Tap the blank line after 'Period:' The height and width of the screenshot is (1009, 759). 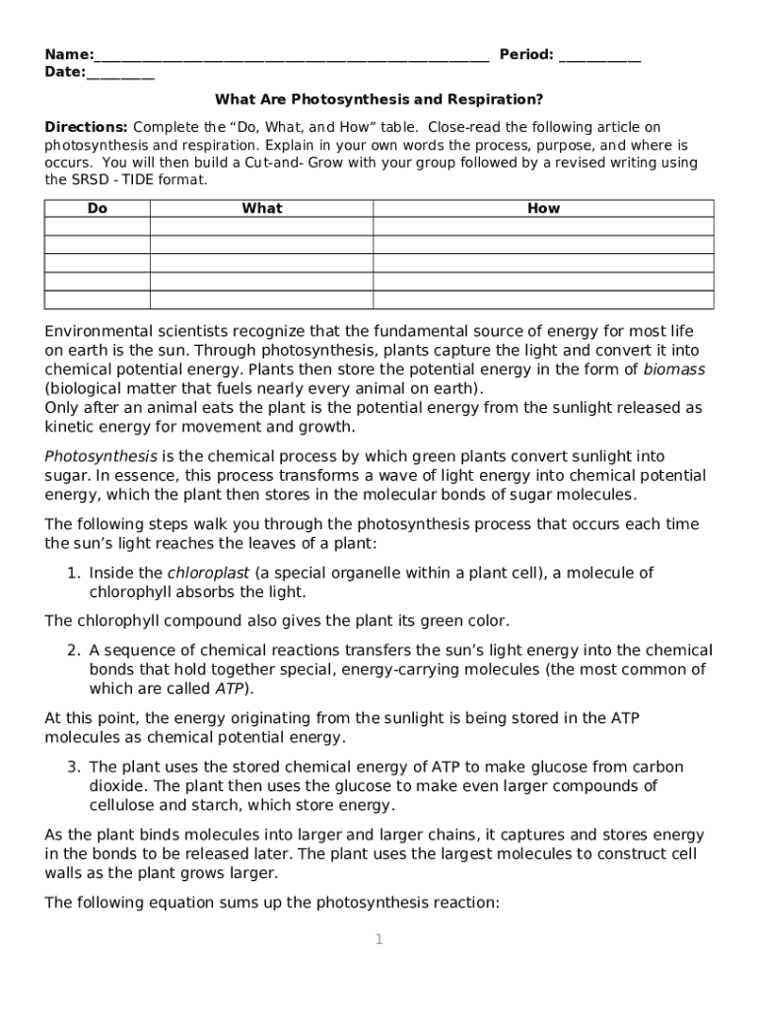point(599,56)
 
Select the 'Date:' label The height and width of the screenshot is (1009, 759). point(65,72)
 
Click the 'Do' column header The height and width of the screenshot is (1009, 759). point(97,208)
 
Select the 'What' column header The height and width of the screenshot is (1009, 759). point(261,208)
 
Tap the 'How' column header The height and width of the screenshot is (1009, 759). point(543,208)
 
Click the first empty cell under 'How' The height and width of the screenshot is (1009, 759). point(543,227)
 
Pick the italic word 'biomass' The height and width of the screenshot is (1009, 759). point(674,370)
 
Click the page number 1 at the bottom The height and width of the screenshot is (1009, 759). point(379,940)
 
